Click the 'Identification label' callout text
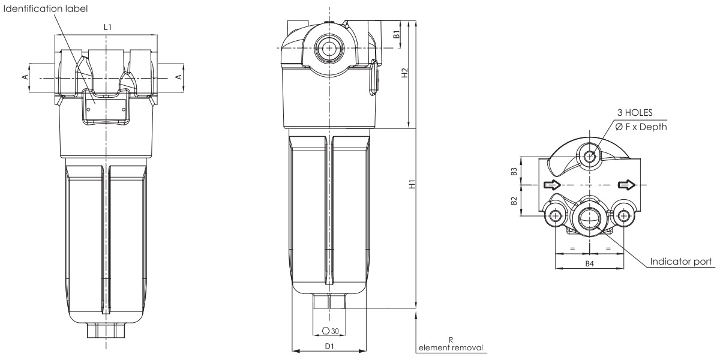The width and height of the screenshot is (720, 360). [46, 8]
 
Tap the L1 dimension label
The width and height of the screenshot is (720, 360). [107, 28]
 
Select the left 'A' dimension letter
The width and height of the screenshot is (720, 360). [25, 77]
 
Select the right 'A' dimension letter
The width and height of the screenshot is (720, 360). [179, 77]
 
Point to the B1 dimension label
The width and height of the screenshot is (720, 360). [397, 34]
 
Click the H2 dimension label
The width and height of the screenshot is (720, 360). [404, 73]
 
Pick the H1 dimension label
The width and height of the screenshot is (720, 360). [412, 184]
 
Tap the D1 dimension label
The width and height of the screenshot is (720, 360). [329, 346]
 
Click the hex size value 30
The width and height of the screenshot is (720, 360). [335, 331]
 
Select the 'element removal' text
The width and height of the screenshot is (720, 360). [451, 348]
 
